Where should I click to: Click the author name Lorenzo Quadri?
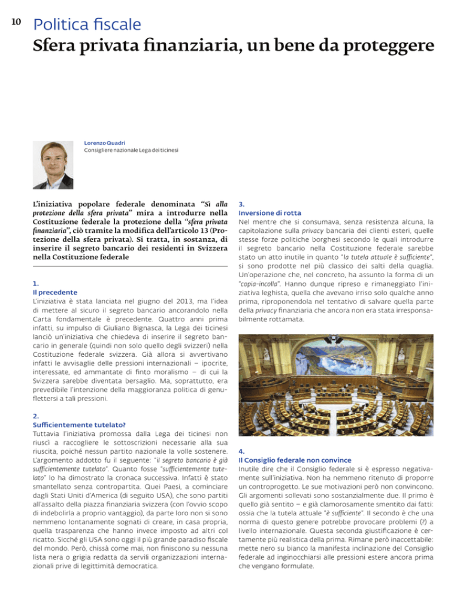click(104, 143)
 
